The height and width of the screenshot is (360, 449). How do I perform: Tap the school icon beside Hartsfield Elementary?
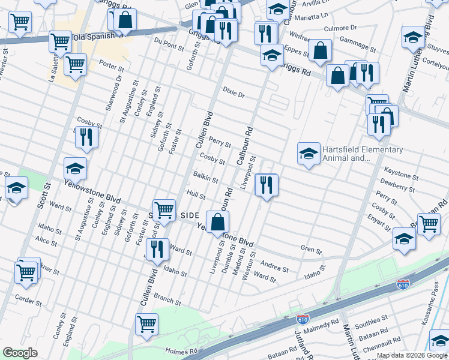308,154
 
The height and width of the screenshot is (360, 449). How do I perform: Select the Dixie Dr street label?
234,95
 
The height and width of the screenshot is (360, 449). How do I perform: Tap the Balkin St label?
206,178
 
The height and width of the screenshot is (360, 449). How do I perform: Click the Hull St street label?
196,196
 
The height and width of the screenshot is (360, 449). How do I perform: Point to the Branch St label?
167,298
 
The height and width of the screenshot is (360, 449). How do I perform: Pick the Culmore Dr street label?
340,28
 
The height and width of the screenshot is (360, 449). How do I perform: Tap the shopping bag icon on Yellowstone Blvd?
217,221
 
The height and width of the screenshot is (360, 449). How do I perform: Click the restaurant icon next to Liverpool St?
266,184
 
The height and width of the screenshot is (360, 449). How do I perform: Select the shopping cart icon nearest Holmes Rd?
146,324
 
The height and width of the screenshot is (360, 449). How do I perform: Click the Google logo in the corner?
20,353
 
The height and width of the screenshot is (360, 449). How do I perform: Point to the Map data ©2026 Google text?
411,355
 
